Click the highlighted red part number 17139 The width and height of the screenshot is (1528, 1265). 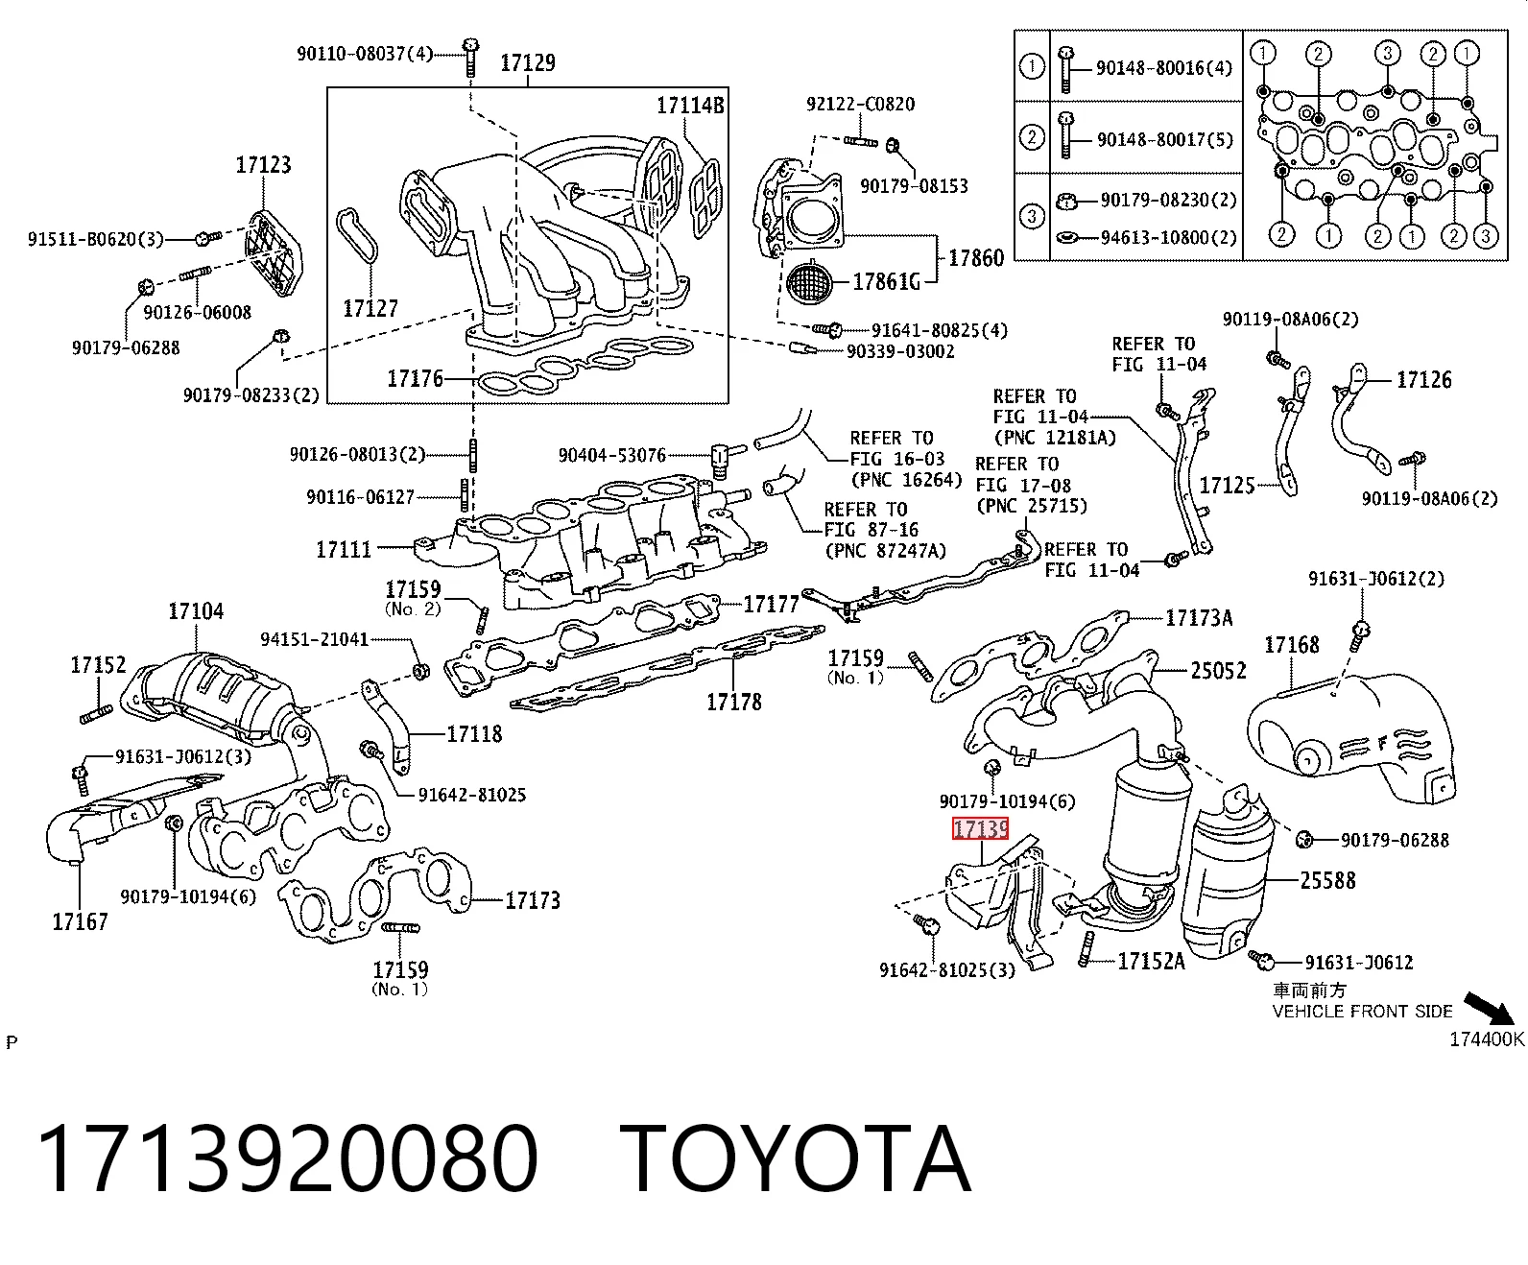click(x=980, y=828)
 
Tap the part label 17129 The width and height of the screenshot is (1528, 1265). click(x=528, y=63)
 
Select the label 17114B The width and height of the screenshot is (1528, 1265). click(x=690, y=106)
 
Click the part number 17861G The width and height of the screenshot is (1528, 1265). click(x=886, y=281)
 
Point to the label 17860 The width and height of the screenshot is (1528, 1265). click(x=976, y=257)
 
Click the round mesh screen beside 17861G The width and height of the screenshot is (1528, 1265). click(x=809, y=282)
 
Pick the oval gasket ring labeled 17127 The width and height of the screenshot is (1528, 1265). click(x=357, y=235)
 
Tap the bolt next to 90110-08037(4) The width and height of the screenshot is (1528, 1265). click(x=470, y=57)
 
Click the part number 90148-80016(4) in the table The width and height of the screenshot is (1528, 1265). click(x=1164, y=68)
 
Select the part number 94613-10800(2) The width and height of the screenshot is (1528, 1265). click(x=1169, y=237)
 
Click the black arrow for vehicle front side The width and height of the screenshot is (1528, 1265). click(x=1489, y=1009)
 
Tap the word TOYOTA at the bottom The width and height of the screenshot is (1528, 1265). click(x=796, y=1158)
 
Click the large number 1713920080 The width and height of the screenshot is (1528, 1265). click(x=288, y=1158)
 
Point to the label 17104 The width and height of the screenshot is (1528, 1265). click(x=196, y=611)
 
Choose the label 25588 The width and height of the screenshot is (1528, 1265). click(x=1327, y=880)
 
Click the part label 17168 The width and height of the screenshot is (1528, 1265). click(x=1292, y=645)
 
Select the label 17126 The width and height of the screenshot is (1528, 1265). click(x=1424, y=379)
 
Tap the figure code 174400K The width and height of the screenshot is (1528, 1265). click(x=1487, y=1038)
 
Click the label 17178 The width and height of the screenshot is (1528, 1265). click(x=734, y=702)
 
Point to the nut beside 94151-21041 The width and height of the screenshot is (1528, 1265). click(x=421, y=671)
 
